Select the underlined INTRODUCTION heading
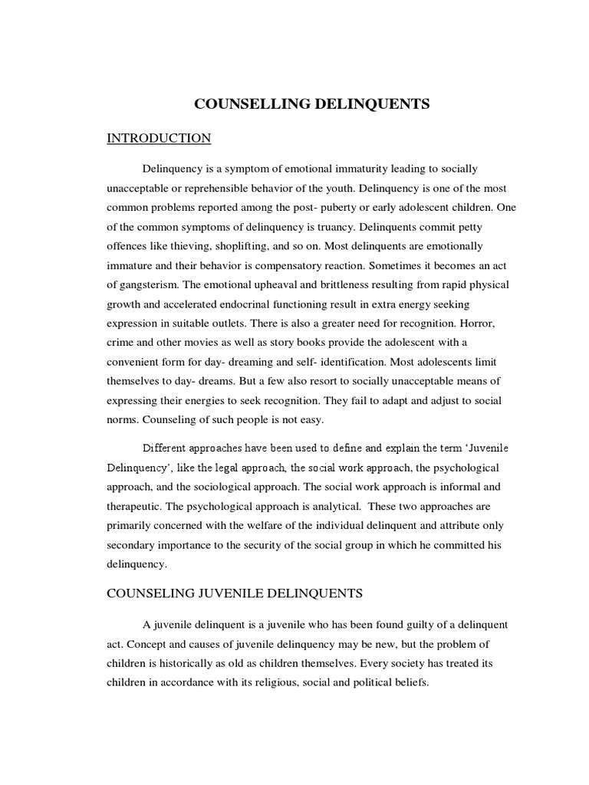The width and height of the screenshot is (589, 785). coord(159,138)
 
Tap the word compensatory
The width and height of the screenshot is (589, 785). coord(291,267)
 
